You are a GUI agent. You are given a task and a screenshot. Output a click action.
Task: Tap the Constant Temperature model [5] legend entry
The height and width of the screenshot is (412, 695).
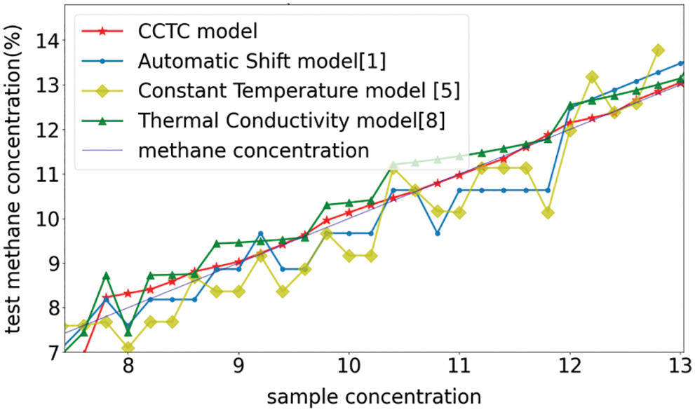pyautogui.click(x=292, y=90)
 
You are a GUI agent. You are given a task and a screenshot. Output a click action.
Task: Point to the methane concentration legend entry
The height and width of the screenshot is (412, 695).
pyautogui.click(x=254, y=150)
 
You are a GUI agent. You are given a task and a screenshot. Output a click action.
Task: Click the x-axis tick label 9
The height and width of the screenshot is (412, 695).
pyautogui.click(x=239, y=368)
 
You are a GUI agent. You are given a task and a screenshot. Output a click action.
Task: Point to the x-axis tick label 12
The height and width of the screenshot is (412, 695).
pyautogui.click(x=569, y=368)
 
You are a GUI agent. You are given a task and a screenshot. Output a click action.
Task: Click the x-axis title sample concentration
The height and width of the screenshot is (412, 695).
pyautogui.click(x=374, y=396)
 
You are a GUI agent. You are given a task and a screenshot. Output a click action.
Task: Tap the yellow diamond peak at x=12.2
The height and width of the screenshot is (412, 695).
pyautogui.click(x=592, y=77)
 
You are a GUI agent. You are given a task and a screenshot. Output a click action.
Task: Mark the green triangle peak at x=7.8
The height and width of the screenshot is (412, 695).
pyautogui.click(x=106, y=276)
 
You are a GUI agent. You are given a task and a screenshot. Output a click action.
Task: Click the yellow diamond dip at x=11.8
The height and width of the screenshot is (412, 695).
pyautogui.click(x=548, y=213)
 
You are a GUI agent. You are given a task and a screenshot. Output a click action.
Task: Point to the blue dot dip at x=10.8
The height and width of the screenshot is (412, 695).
pyautogui.click(x=437, y=233)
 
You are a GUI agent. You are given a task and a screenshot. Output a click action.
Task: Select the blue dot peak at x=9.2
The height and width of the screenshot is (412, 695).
pyautogui.click(x=261, y=233)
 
